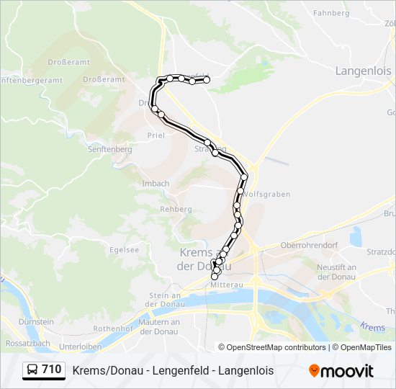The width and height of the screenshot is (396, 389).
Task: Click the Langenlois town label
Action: pyautogui.click(x=363, y=71)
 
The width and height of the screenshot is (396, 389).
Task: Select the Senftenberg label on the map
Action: pyautogui.click(x=109, y=149)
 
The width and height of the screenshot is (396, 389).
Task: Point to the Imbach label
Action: pyautogui.click(x=156, y=184)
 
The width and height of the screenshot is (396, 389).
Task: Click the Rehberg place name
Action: pyautogui.click(x=176, y=209)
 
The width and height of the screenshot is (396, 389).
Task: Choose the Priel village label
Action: pyautogui.click(x=156, y=135)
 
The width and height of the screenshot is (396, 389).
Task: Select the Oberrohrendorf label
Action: pyautogui.click(x=309, y=244)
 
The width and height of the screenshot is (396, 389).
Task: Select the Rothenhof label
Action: pyautogui.click(x=110, y=328)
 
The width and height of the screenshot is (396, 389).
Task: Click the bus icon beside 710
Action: pyautogui.click(x=32, y=370)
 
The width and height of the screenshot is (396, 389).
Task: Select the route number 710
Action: pyautogui.click(x=52, y=370)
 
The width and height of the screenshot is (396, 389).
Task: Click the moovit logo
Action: pyautogui.click(x=341, y=370)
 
